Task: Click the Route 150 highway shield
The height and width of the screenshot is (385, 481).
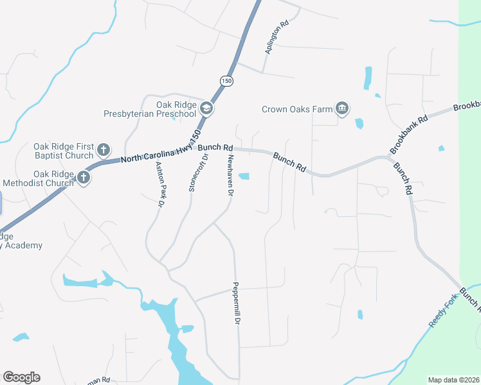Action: point(226,81)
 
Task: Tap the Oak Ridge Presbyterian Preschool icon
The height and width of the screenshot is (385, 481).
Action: point(206,108)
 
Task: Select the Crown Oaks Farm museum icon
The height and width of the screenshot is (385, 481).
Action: point(342,108)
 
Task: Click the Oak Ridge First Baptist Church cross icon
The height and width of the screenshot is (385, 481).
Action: point(104,151)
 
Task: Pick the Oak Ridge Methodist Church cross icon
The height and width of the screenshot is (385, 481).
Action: point(84,178)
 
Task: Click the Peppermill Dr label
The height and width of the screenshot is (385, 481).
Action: point(237,303)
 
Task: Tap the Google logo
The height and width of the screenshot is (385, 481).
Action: point(21,377)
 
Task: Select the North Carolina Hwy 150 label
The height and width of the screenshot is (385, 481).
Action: point(161,153)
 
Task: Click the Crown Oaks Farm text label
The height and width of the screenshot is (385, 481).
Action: point(297,109)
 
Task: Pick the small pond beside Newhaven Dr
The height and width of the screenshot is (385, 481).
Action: point(244,176)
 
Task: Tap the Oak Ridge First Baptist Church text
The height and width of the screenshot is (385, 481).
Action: point(64,151)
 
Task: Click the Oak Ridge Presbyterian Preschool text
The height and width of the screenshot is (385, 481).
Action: point(150,109)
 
